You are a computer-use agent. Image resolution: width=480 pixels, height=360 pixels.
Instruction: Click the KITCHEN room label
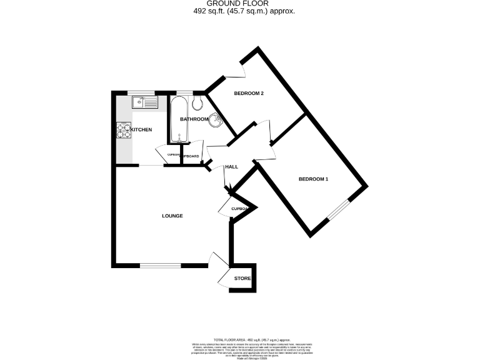click(x=141, y=129)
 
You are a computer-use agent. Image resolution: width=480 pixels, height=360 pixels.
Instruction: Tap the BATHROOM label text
click(x=194, y=119)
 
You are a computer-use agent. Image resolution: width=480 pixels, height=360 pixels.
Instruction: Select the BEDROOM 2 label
click(x=249, y=94)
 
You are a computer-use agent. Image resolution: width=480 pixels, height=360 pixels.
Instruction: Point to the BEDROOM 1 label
click(x=313, y=179)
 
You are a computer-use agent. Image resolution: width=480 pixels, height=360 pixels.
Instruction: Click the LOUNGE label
click(x=172, y=216)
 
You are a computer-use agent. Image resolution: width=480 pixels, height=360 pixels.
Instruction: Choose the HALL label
click(x=232, y=167)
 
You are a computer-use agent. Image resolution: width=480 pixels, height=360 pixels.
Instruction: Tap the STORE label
click(x=242, y=279)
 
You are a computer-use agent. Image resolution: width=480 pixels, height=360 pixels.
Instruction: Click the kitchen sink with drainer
click(x=146, y=102)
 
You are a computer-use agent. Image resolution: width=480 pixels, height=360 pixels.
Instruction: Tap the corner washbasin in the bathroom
click(x=216, y=120)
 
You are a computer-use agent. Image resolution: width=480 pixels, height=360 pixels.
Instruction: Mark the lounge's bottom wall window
click(x=160, y=265)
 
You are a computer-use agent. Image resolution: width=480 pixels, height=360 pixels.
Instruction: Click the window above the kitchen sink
click(x=146, y=93)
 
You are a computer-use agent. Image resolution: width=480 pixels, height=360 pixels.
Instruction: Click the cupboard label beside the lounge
click(x=241, y=209)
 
